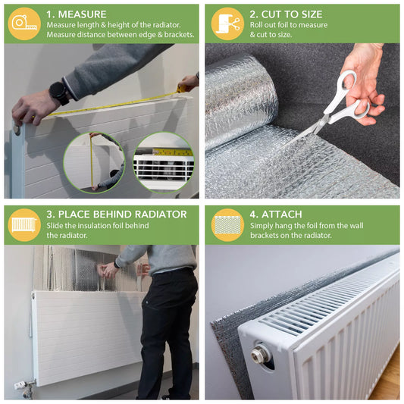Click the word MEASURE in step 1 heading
pos(82,14)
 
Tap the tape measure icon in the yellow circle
pos(24,23)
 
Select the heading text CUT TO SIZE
pos(292,14)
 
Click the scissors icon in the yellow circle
pos(227,23)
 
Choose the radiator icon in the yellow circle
pos(24,225)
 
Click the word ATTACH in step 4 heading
pos(282,215)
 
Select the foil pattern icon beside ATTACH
pos(227,225)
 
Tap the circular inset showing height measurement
pos(94,162)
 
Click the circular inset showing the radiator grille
pos(164,162)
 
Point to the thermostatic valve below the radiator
pos(24,388)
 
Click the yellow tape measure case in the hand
pos(181,89)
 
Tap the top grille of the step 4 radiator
pos(324,299)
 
